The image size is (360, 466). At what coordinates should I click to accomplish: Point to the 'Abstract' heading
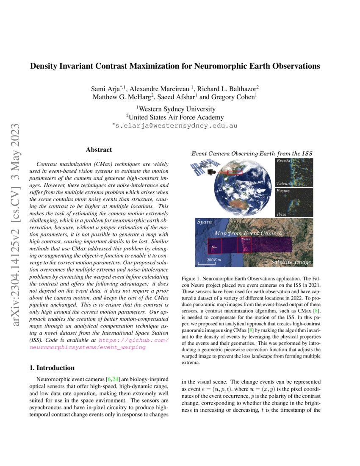(x=99, y=150)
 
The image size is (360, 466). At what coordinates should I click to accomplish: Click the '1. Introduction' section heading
(x=50, y=368)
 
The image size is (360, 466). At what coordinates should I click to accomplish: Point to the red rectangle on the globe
(x=235, y=172)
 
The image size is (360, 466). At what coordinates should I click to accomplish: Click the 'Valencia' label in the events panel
(x=284, y=183)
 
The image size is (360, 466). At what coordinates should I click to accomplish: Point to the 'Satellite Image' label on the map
(x=291, y=263)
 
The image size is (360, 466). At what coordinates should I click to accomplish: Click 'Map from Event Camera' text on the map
(x=247, y=233)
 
